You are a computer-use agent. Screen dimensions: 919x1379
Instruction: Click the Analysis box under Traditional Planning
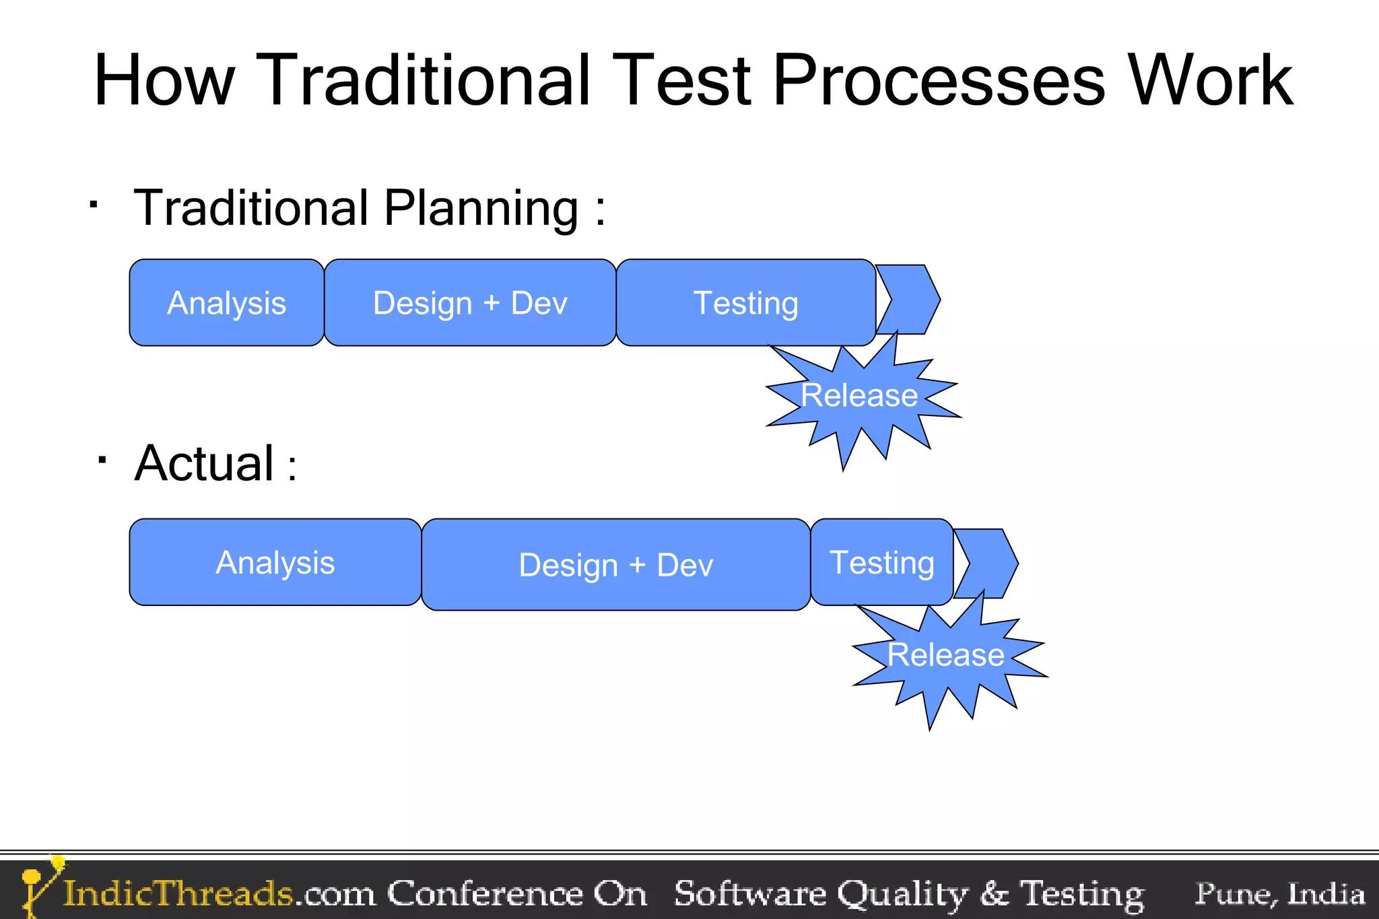click(226, 303)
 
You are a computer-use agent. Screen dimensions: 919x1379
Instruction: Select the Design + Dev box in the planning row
click(470, 303)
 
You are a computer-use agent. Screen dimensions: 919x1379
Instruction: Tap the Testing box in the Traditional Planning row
click(745, 303)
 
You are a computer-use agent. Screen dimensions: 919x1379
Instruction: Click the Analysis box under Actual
click(275, 562)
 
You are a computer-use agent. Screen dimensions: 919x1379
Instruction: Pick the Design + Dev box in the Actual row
click(615, 565)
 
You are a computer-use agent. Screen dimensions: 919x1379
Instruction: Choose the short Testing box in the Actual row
click(881, 562)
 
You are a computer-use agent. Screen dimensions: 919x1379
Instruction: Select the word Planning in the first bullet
click(481, 209)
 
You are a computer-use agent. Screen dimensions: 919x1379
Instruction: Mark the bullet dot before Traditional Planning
click(94, 203)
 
